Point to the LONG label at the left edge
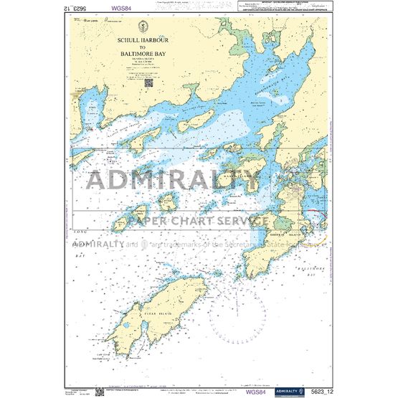pos(80,231)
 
